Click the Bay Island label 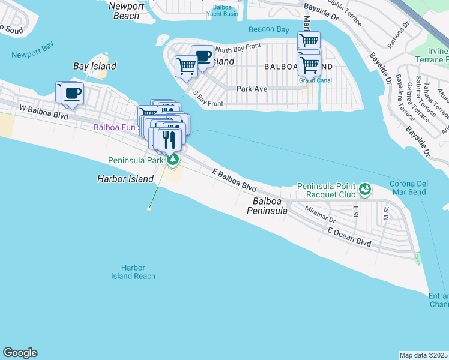point(94,66)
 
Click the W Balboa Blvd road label point(44,110)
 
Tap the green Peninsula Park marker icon point(173,159)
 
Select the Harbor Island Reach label point(133,272)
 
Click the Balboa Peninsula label point(270,206)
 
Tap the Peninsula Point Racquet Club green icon point(364,190)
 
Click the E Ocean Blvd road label point(349,237)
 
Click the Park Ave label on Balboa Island point(252,88)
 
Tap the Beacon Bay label point(269,29)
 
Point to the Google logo point(20,353)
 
